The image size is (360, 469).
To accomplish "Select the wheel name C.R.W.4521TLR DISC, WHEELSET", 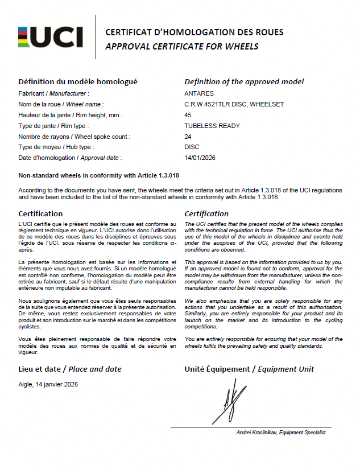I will tap(234, 104).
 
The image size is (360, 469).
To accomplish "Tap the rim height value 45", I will tap(188, 115).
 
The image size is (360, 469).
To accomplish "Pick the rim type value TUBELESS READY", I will tap(212, 126).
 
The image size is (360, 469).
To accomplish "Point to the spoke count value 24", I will tap(188, 137).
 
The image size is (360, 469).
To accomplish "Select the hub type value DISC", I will tap(192, 147).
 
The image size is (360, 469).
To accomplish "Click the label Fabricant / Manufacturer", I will tap(54, 93).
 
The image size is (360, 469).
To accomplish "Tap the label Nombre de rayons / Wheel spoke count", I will tap(75, 137).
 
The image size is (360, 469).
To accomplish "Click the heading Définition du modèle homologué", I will tap(78, 82).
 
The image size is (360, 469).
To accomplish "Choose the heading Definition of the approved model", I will tap(244, 82).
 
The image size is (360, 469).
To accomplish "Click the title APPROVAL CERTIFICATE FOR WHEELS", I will tap(182, 47).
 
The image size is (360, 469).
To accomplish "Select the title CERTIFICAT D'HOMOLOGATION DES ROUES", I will tap(195, 32).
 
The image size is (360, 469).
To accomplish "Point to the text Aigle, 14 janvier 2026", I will tap(48, 384).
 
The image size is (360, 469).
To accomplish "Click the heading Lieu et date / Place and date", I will tap(70, 369).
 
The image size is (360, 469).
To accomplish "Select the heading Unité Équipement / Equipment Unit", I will tap(249, 369).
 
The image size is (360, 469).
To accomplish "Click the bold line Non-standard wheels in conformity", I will tap(99, 175).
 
